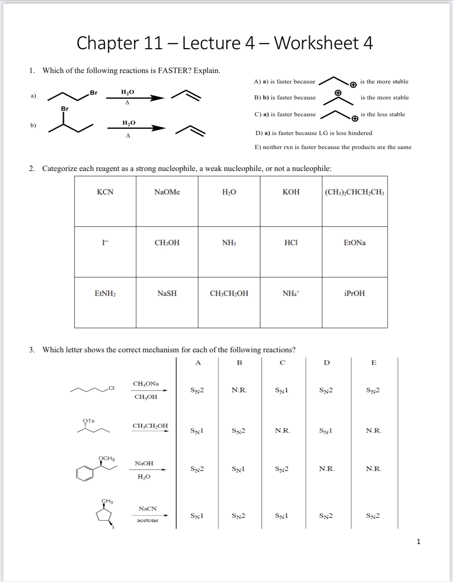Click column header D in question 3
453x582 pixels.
pos(327,363)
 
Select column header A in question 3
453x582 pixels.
pos(198,363)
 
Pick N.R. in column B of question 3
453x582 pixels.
pos(239,390)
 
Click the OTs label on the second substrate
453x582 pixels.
pos(89,421)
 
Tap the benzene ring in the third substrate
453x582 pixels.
pos(85,473)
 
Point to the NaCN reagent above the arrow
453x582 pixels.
pos(148,509)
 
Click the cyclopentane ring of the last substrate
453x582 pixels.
pos(104,515)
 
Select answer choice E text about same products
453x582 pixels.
pos(333,147)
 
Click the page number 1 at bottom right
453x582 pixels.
pos(418,542)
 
